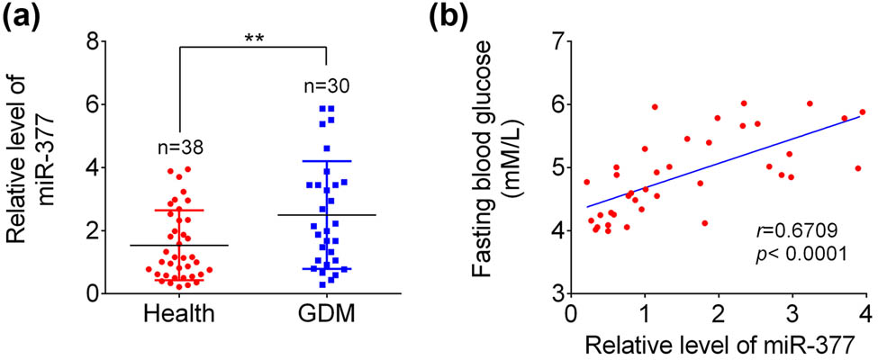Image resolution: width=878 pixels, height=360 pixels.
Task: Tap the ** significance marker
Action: [252, 37]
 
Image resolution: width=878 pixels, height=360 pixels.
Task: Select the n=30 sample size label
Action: [324, 87]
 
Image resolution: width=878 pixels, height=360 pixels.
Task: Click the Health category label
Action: [179, 316]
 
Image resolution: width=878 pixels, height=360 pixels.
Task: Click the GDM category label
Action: [326, 316]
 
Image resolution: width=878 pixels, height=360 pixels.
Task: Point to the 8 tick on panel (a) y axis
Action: [91, 41]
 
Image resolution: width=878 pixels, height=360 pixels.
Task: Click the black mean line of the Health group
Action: [179, 245]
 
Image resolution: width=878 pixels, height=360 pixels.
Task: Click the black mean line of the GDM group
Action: [326, 215]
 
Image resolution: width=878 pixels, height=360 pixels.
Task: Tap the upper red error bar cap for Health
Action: [179, 210]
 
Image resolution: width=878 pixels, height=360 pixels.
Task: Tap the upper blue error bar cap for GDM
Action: [326, 161]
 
